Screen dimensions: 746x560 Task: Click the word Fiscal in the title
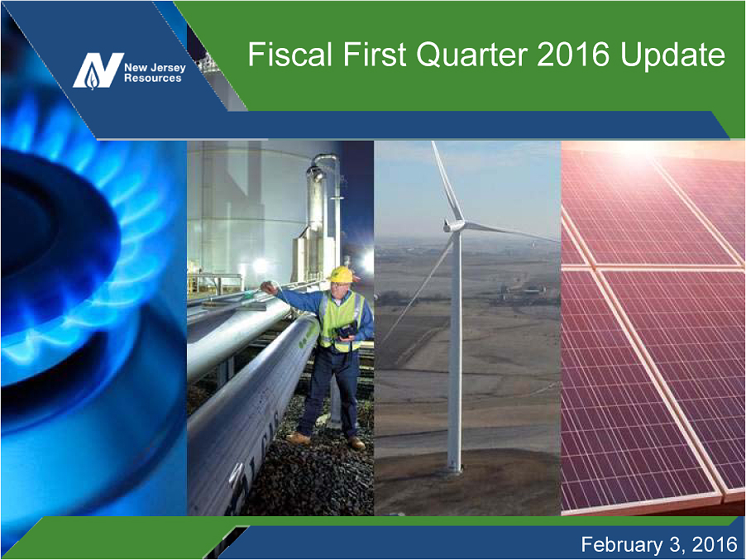[x=289, y=54]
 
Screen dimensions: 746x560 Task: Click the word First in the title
[x=375, y=54]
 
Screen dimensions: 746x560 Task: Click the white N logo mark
[x=98, y=70]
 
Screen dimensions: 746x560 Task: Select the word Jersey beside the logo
[x=167, y=68]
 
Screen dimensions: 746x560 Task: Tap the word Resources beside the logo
[x=153, y=79]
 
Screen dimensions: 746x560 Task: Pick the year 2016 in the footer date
[x=715, y=544]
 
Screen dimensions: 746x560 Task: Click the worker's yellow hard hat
[x=340, y=274]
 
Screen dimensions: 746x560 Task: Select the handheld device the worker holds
[x=346, y=330]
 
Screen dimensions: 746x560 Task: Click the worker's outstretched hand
[x=269, y=287]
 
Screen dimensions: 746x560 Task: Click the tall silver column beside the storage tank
[x=318, y=209]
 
